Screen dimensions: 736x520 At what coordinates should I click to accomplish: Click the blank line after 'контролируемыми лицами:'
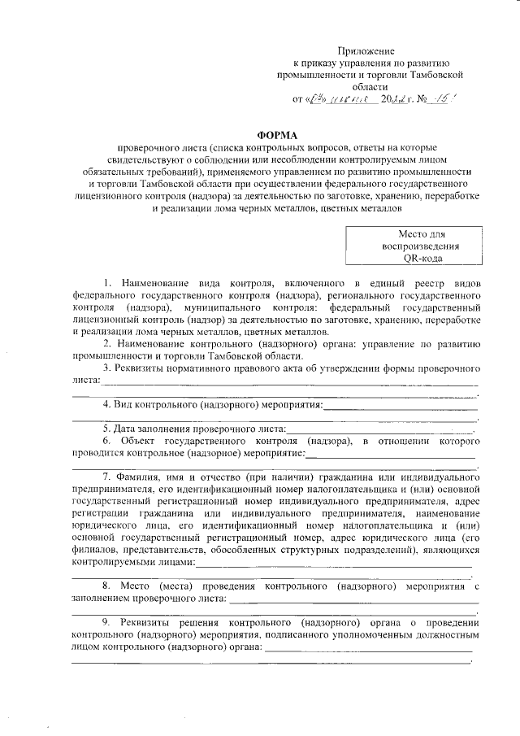coord(333,563)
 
